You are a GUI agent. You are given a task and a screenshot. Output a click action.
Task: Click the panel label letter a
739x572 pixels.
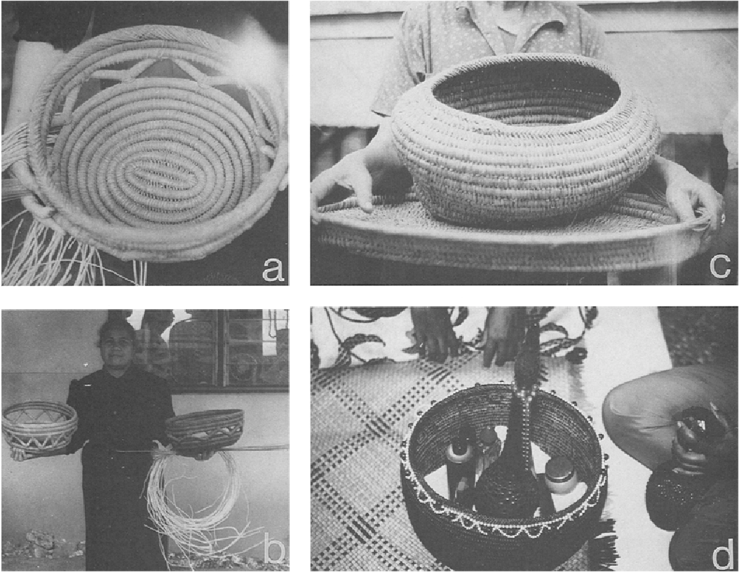click(273, 269)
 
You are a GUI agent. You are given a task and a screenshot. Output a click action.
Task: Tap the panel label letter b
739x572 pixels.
click(273, 553)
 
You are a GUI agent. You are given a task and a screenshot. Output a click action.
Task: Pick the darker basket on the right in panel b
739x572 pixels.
click(205, 429)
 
